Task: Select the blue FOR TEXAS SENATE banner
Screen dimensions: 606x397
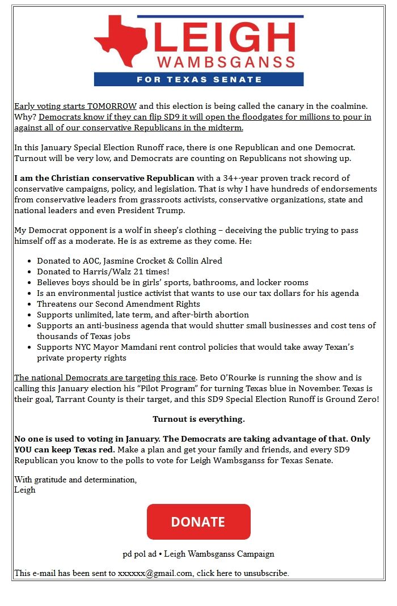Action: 198,79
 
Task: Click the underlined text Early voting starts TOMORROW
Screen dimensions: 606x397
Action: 75,106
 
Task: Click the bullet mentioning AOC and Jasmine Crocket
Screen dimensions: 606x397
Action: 129,261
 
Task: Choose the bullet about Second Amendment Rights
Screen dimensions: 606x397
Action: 119,304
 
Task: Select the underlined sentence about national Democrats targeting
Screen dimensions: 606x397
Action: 105,378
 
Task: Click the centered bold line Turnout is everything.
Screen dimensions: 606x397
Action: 198,419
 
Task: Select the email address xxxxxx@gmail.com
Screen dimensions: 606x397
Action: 154,573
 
